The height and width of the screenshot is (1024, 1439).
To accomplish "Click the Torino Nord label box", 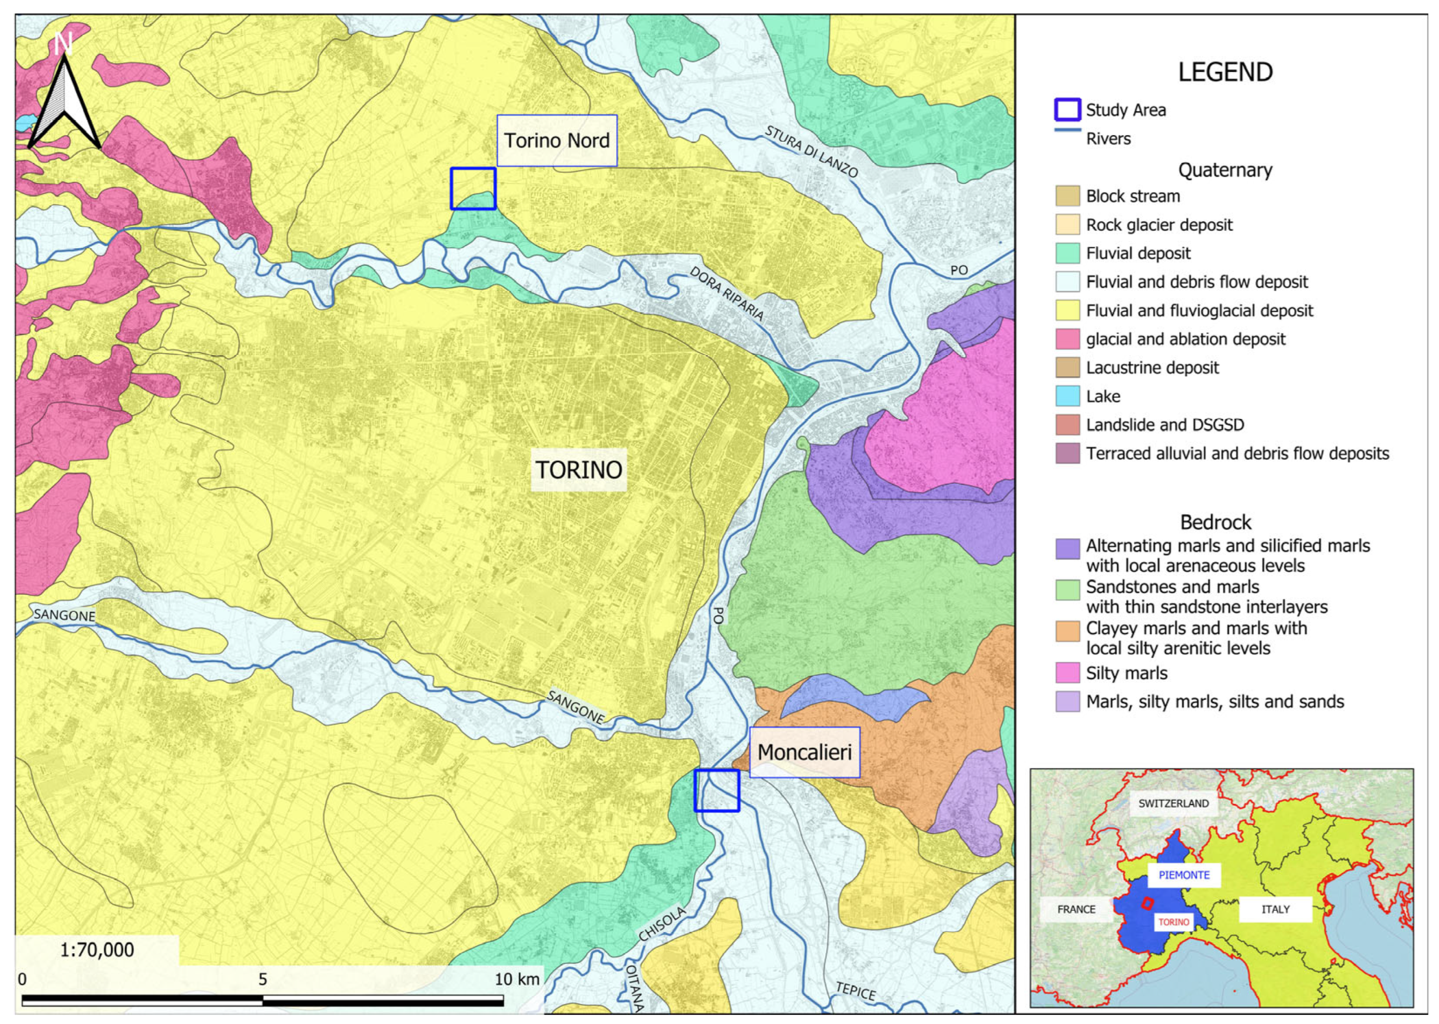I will point(556,140).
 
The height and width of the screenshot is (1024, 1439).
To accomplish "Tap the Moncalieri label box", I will point(804,752).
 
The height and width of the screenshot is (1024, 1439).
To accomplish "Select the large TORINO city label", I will point(578,470).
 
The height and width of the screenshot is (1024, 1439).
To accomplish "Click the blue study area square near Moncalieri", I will point(716,790).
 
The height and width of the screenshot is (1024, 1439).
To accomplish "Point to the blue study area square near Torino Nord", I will point(473,188).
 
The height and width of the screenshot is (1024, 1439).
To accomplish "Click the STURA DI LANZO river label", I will point(812,151).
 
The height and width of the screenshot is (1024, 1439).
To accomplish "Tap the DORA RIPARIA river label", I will point(727,293).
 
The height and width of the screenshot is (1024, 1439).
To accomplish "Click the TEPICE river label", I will point(856,991).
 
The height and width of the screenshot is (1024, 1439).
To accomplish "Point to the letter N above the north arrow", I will point(63,43).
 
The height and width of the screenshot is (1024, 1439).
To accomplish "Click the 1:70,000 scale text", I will point(96,949).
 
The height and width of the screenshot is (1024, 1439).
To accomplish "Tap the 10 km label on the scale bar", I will point(517,979).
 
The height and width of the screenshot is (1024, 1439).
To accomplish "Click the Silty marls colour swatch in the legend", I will point(1068,673).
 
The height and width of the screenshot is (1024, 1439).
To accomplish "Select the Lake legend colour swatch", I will point(1068,396).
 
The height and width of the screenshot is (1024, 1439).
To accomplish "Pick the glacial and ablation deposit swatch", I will point(1068,339).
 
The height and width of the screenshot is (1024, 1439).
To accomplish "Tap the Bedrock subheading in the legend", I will point(1215,522).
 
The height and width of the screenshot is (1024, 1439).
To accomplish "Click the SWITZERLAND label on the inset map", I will point(1174,803).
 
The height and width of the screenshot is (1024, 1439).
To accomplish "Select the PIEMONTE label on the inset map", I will point(1184,875).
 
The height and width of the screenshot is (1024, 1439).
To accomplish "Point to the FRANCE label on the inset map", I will point(1076,909).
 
